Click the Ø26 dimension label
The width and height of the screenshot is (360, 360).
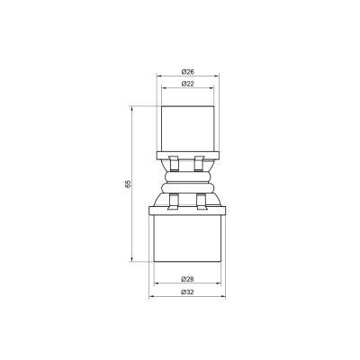pos(187,71)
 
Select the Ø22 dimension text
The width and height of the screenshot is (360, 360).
pos(187,83)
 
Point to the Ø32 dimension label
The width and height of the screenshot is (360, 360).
pos(187,292)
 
